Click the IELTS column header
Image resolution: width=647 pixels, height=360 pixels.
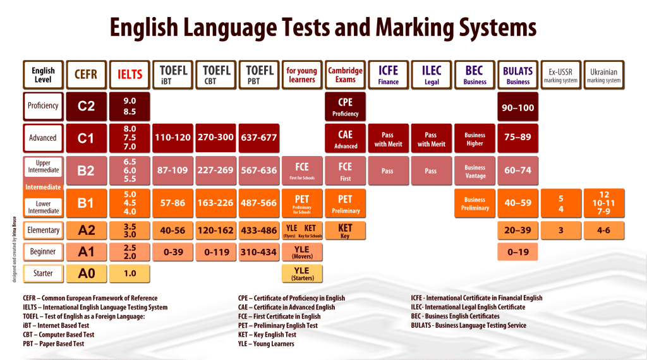[130, 75]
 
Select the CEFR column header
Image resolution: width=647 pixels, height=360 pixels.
[86, 75]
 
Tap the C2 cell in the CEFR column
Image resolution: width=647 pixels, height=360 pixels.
[86, 106]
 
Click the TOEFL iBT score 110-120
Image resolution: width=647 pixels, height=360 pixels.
[172, 137]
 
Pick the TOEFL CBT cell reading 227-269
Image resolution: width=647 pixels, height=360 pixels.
[215, 170]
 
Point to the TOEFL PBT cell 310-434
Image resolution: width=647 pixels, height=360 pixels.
[258, 252]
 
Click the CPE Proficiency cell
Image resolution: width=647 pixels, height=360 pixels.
[345, 107]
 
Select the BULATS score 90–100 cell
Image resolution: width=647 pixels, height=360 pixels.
[517, 107]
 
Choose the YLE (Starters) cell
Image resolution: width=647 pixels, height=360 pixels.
[301, 273]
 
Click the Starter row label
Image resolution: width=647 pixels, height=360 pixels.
[43, 273]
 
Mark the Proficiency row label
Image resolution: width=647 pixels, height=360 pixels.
[43, 106]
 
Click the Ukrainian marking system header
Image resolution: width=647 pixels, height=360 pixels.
[603, 75]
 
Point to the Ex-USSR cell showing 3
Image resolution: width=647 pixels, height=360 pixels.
[560, 231]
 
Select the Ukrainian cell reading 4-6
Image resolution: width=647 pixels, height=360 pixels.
[603, 231]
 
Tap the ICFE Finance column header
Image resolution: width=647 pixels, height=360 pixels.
[388, 75]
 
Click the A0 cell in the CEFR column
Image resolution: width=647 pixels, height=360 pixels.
[86, 273]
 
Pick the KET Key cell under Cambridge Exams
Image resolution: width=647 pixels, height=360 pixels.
[345, 231]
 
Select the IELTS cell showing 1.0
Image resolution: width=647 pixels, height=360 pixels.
[130, 273]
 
